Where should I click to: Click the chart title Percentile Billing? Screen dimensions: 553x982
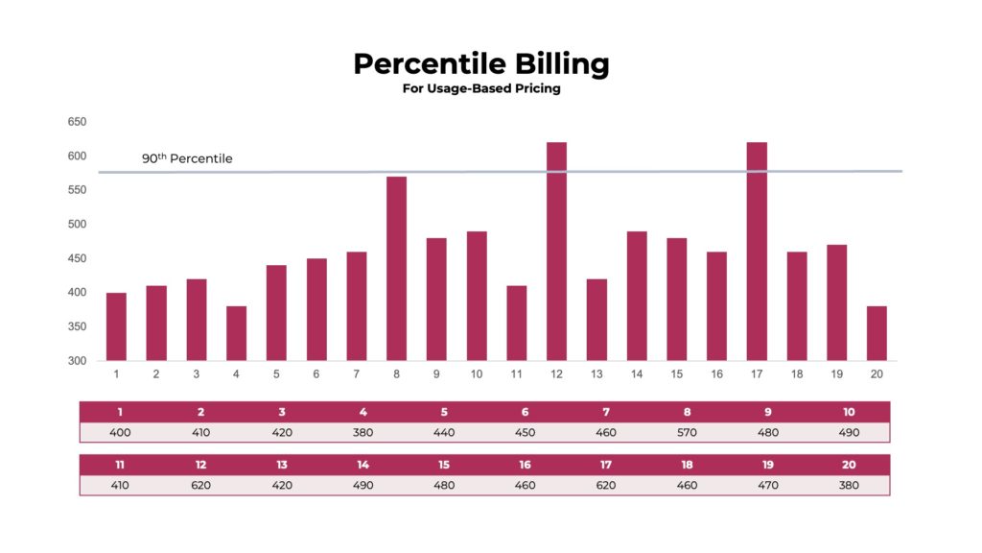tap(480, 63)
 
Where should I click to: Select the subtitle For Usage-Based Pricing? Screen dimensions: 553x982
tap(480, 88)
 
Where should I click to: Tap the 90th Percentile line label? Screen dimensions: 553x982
tap(187, 158)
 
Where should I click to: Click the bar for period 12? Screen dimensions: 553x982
tap(556, 252)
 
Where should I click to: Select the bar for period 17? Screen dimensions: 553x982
tap(757, 252)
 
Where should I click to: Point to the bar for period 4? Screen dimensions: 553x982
tap(236, 333)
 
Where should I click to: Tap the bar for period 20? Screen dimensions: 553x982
tap(877, 333)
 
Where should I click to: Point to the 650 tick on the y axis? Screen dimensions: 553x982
tap(77, 122)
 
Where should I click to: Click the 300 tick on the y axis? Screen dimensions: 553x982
tap(77, 361)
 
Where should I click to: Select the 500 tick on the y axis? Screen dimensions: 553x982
tap(77, 225)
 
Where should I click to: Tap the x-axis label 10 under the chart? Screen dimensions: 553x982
tap(477, 374)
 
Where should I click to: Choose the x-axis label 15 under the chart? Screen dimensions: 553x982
tap(677, 374)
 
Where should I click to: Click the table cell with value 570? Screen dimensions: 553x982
tap(687, 432)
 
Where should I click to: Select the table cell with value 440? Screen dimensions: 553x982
tap(444, 432)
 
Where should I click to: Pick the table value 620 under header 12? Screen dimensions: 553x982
tap(200, 485)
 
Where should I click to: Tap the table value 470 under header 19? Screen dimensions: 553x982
tap(767, 485)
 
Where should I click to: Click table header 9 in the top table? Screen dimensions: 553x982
tap(767, 412)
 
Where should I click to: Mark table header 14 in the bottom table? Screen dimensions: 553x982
tap(362, 465)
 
